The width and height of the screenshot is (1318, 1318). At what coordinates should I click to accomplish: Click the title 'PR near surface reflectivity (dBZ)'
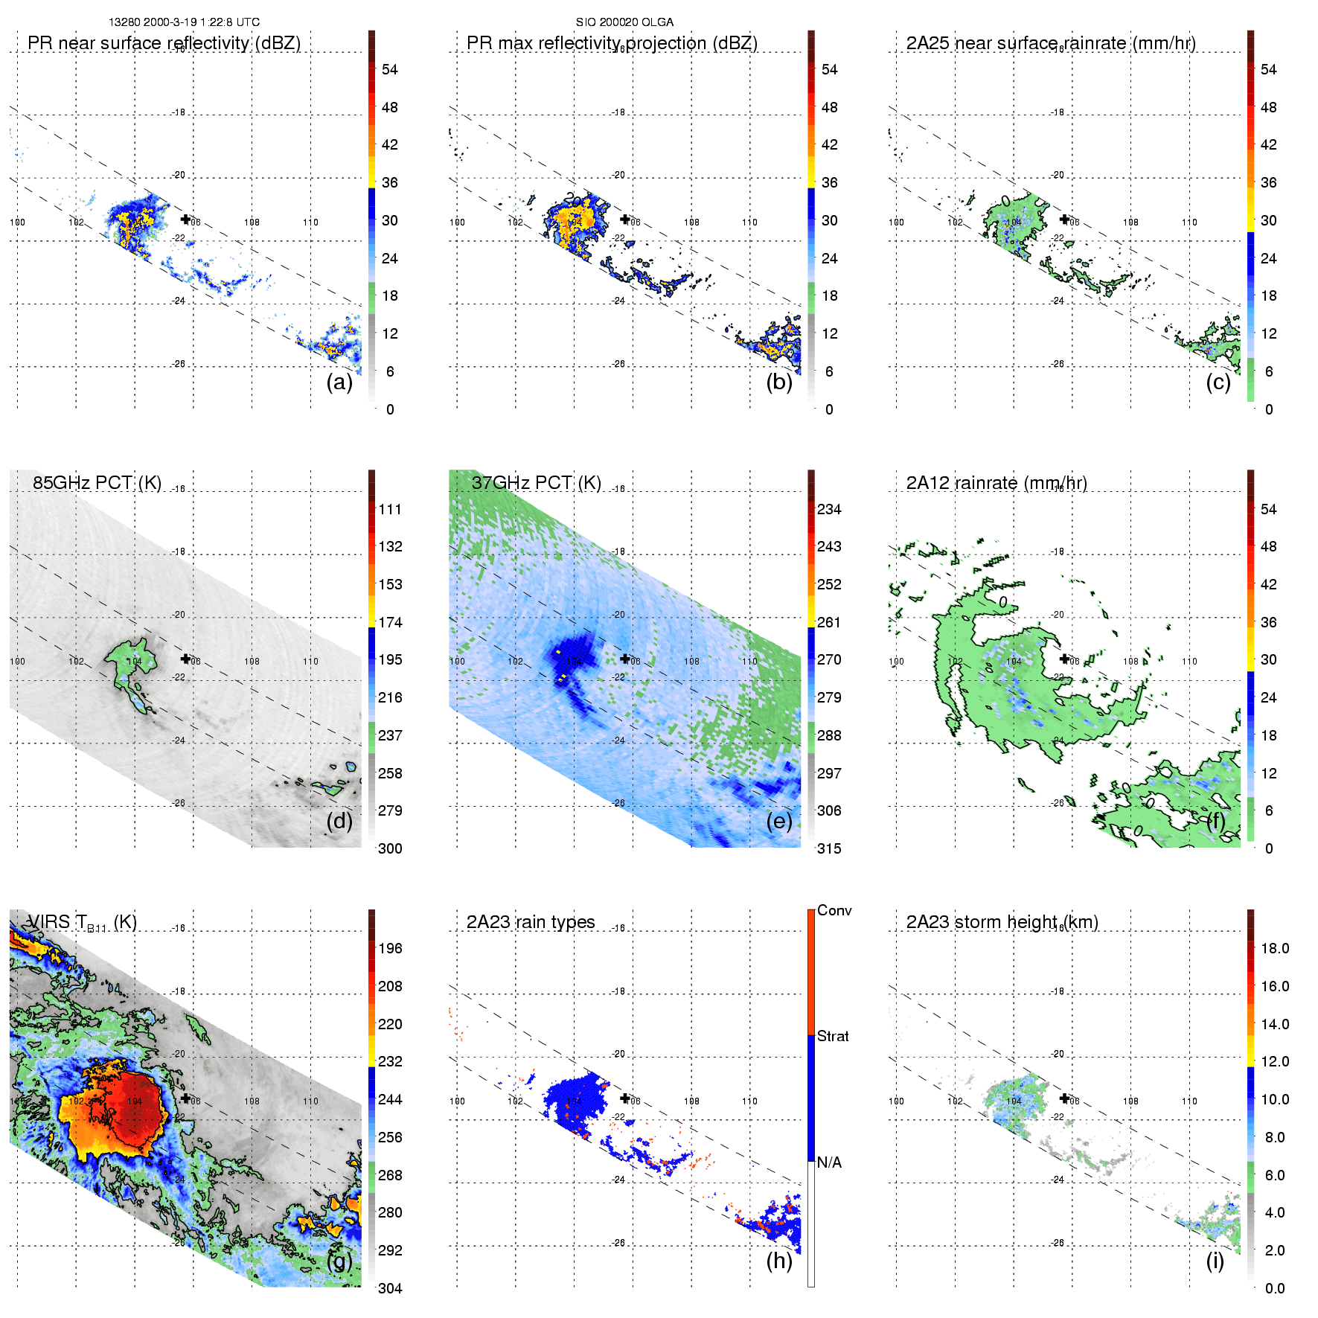pos(164,43)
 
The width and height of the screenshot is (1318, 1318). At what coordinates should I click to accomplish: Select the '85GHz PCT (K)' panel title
pos(97,482)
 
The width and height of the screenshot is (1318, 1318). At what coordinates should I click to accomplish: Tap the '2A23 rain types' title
pos(531,922)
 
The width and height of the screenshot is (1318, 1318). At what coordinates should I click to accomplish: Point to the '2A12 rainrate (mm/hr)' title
pos(997,482)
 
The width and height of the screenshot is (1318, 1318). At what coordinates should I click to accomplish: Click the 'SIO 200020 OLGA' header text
pos(624,22)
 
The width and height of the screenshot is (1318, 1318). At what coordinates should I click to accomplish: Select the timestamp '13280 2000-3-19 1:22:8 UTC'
pos(184,22)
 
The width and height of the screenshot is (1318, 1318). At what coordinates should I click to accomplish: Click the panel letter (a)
pos(339,382)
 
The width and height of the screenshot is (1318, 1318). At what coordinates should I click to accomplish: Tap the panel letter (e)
pos(779,821)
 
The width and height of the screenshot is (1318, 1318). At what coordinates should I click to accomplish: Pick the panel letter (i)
pos(1215,1261)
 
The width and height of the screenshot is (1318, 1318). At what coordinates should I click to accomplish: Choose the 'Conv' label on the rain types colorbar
pos(834,910)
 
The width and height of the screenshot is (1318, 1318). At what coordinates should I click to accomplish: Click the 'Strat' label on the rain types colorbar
pos(833,1036)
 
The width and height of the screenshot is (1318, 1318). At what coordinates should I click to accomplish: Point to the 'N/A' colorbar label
pos(829,1162)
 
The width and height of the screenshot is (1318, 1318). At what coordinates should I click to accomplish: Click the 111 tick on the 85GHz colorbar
pos(390,509)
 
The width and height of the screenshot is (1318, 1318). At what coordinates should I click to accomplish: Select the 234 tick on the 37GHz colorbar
pos(829,509)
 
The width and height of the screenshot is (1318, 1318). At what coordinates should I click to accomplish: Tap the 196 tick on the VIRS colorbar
pos(390,948)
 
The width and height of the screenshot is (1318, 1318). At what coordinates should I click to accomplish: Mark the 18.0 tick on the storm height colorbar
pos(1274,948)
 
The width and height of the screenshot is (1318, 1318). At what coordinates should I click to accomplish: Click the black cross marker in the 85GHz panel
pos(185,659)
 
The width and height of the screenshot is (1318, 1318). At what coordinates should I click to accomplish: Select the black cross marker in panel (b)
pos(625,220)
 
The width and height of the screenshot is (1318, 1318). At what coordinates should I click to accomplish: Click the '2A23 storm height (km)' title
pos(1002,922)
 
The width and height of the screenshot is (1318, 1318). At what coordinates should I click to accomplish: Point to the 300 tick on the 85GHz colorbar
pos(390,848)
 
